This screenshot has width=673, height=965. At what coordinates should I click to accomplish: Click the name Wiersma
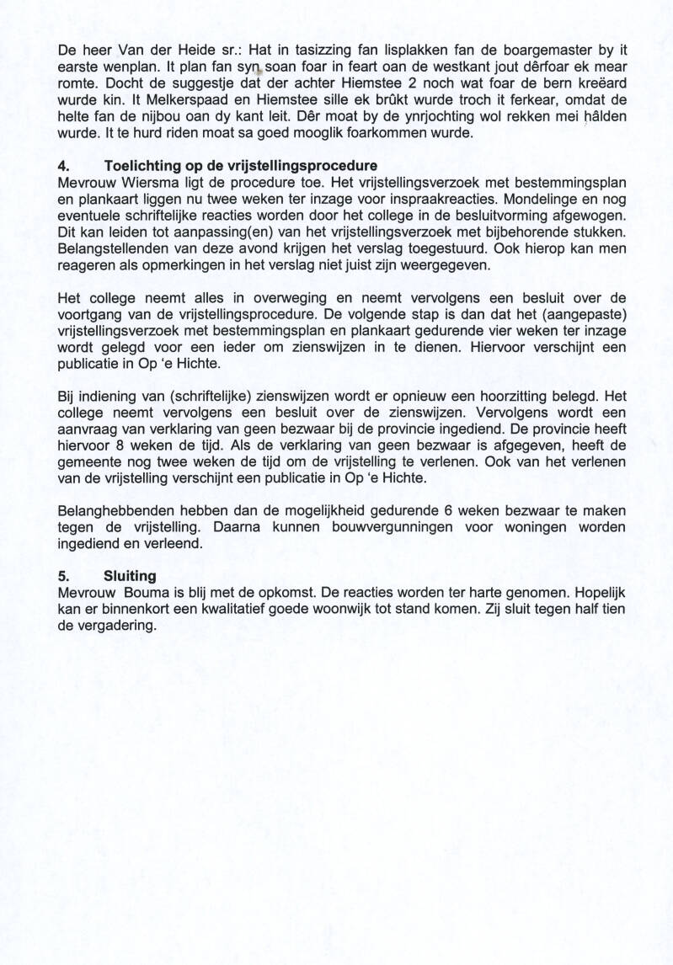(x=135, y=181)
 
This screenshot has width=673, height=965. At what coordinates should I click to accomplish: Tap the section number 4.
(x=63, y=166)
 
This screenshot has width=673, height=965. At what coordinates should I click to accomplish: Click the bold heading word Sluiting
(x=130, y=577)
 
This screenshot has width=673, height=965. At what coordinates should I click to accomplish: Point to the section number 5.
(x=63, y=577)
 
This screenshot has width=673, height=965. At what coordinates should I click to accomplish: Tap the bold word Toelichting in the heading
(x=141, y=166)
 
